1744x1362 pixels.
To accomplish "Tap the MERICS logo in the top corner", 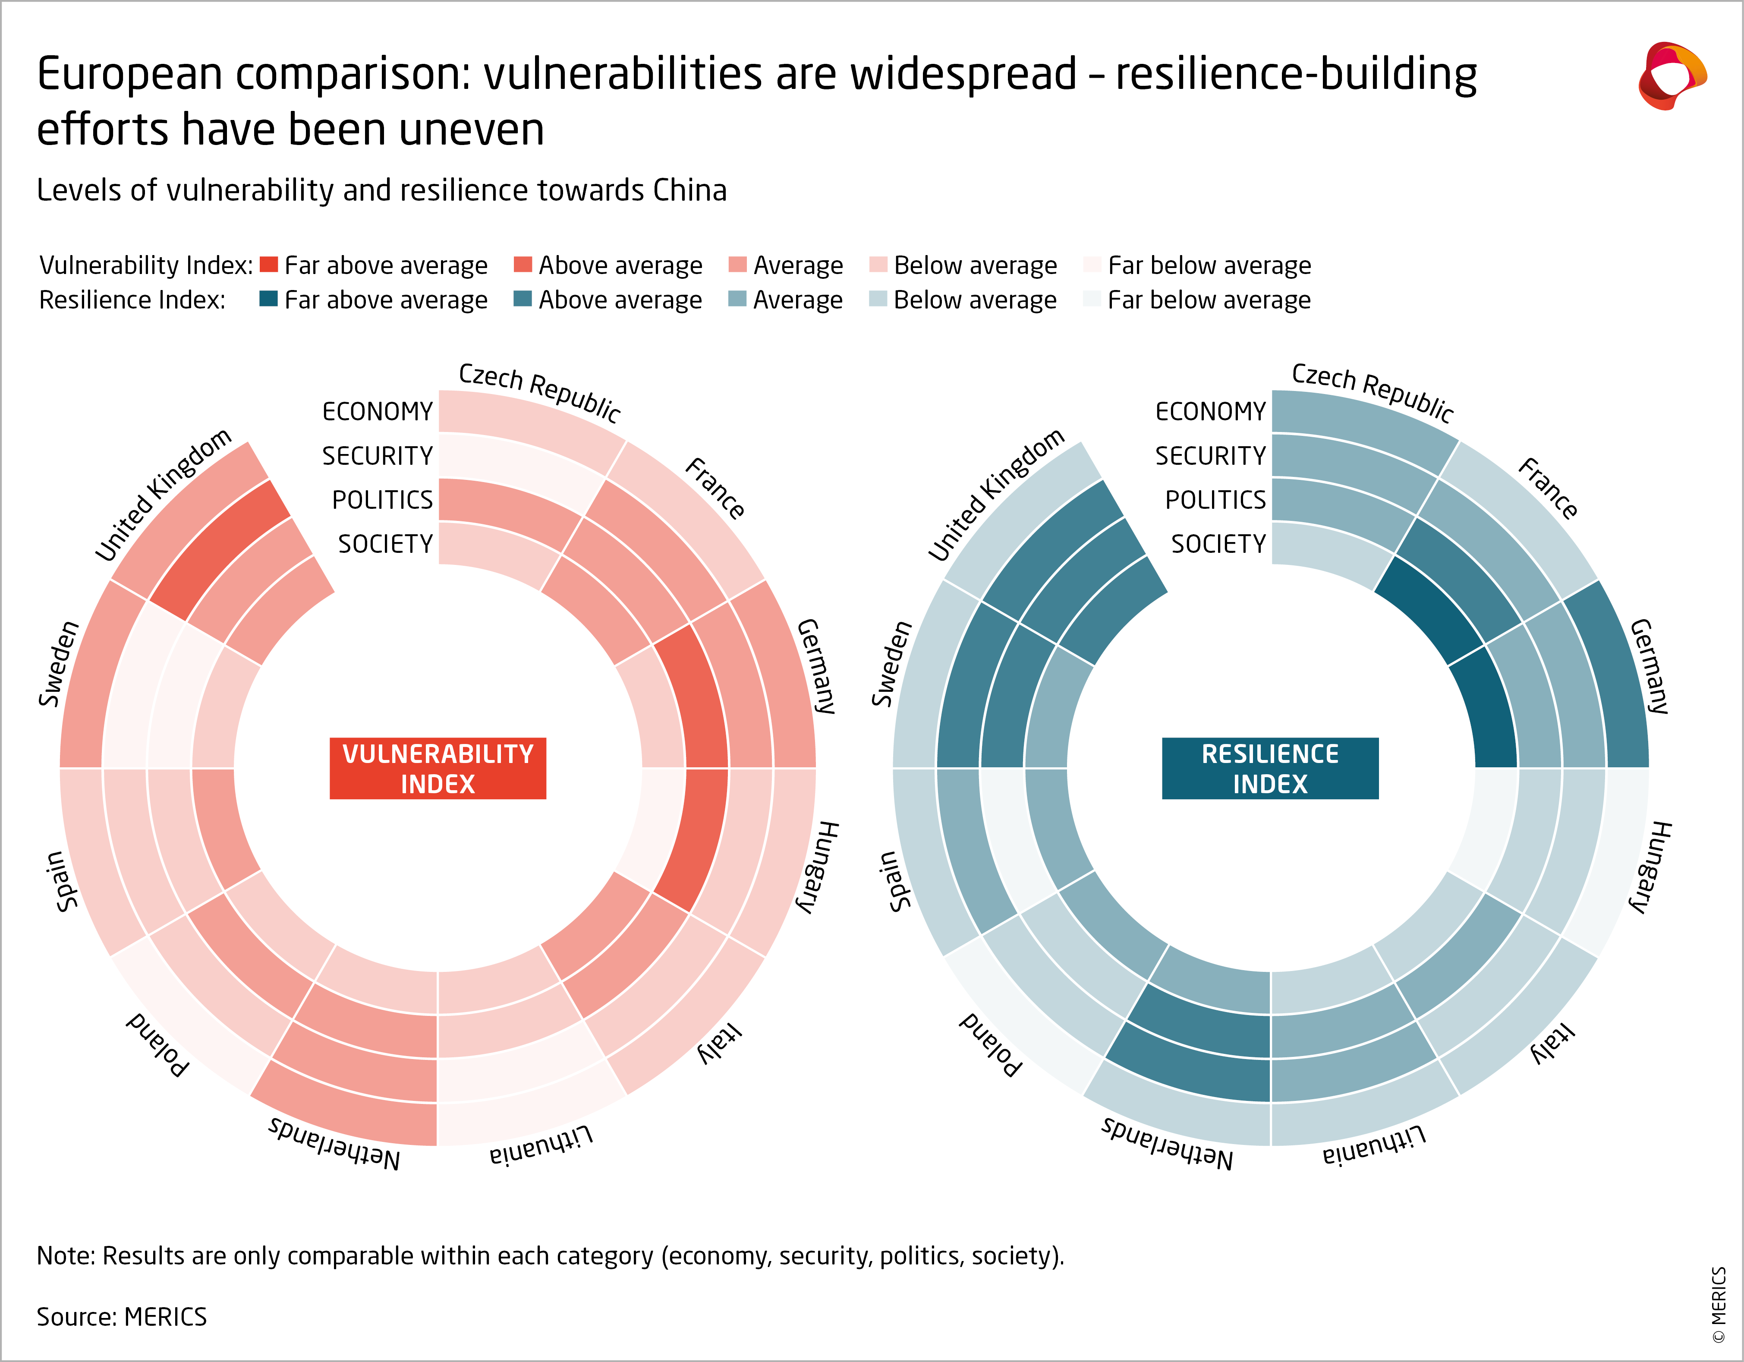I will point(1672,76).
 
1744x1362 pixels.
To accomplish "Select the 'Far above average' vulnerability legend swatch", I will point(269,265).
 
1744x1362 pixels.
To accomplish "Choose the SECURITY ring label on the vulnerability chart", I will point(377,455).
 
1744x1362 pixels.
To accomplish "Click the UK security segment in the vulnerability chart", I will point(220,551).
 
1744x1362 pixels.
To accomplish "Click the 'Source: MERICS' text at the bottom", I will point(121,1316).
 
